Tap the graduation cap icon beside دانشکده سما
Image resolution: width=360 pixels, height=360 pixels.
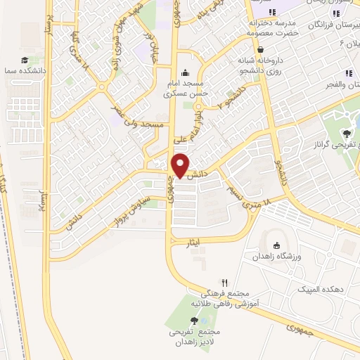pyautogui.click(x=25, y=60)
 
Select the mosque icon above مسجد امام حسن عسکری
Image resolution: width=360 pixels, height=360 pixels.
pyautogui.click(x=186, y=72)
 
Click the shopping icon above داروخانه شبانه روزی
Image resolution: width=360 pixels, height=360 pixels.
pyautogui.click(x=261, y=50)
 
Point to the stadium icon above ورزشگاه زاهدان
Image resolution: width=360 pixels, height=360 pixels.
pyautogui.click(x=276, y=245)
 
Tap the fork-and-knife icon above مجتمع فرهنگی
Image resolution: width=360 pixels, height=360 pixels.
pyautogui.click(x=224, y=281)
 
